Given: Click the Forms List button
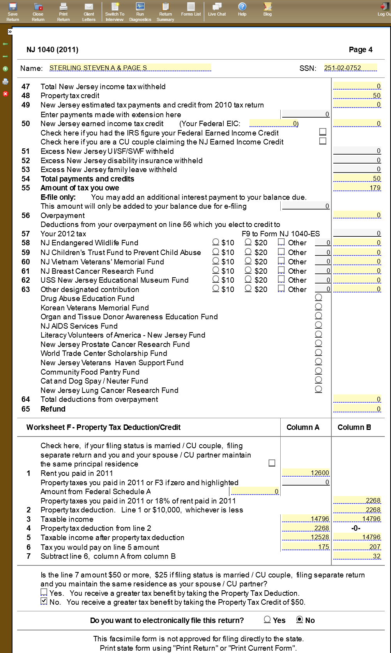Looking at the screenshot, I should tap(191, 10).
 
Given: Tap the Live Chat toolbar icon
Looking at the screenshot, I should tap(217, 10).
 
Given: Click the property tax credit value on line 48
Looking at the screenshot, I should tap(357, 96).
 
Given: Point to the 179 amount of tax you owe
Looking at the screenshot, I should tap(357, 188).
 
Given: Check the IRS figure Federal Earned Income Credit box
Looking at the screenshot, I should tap(323, 132).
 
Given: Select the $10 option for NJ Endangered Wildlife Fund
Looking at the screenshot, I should tap(216, 242).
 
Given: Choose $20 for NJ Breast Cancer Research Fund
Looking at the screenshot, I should tap(248, 270).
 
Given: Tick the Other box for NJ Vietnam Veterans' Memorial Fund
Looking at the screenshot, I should tap(281, 261).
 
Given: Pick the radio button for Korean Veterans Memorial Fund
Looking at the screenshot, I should tap(318, 306).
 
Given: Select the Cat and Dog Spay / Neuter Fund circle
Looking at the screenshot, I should tap(318, 380).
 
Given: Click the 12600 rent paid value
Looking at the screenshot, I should tap(306, 473).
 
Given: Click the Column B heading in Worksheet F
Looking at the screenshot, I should tap(354, 428).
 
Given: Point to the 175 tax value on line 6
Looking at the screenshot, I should tap(306, 547).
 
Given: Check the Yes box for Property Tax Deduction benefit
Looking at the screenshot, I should tap(44, 592).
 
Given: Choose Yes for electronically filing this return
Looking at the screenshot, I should tap(267, 620).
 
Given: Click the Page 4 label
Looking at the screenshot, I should tap(361, 50).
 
